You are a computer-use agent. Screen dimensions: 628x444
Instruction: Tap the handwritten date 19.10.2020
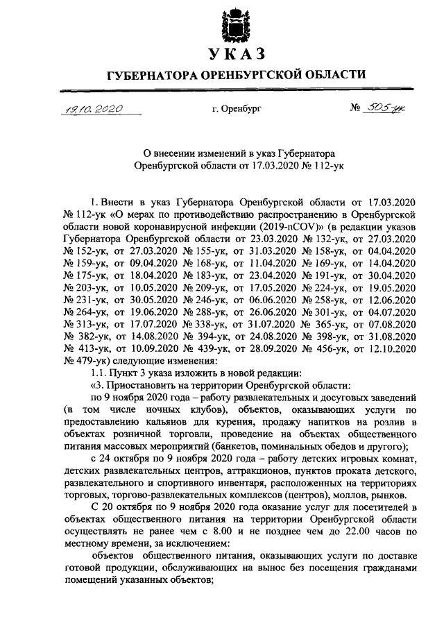coord(90,109)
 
